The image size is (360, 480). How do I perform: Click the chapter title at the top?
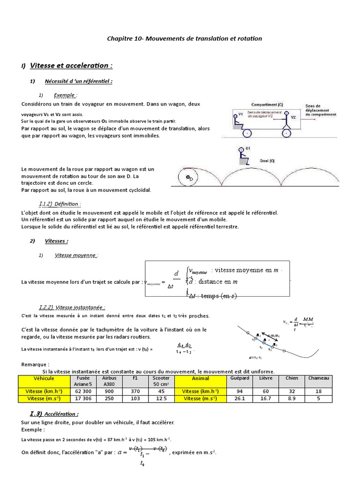[185, 38]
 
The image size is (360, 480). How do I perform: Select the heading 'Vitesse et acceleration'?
[71, 65]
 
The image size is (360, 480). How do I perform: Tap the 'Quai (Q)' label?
[267, 160]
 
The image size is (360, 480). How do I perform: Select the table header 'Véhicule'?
[44, 378]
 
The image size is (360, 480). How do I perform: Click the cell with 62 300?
[83, 391]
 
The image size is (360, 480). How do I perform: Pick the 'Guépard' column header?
[239, 378]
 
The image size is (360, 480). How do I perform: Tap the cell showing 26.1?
[239, 398]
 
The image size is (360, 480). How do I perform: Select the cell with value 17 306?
[83, 398]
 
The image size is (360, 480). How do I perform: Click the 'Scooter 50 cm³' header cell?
[161, 381]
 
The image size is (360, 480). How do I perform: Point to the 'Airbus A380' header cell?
[109, 381]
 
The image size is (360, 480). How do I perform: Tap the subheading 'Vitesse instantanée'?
[77, 307]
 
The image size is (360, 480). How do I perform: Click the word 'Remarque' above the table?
[35, 364]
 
